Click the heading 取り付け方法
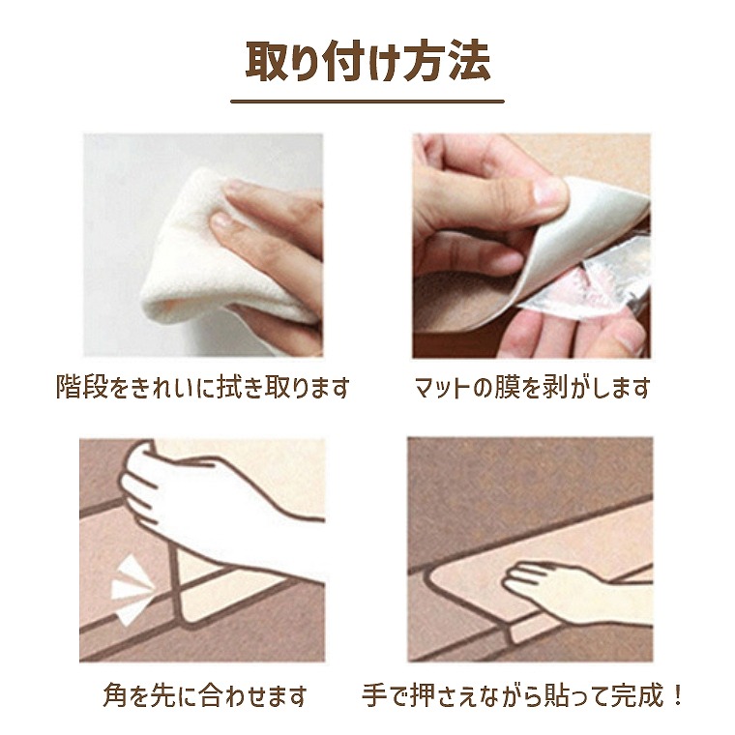coord(367,61)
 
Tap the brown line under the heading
coord(367,102)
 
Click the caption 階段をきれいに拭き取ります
coord(203,387)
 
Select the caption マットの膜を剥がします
coord(532,387)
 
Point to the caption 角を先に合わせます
coord(205,695)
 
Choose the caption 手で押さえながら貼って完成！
coord(522,695)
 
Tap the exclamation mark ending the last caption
coord(676,695)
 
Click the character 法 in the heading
coord(470,61)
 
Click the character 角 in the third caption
coord(115,695)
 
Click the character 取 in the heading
coord(266,61)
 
